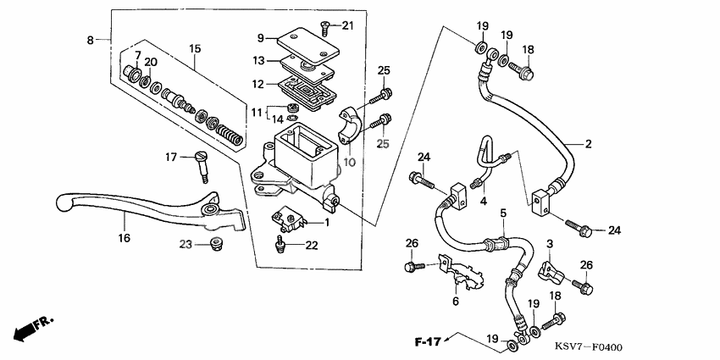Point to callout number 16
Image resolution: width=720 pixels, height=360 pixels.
[125, 238]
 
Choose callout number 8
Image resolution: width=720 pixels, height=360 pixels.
[91, 39]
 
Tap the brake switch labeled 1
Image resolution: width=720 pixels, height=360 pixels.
[288, 222]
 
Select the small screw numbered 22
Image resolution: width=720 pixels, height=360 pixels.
[281, 245]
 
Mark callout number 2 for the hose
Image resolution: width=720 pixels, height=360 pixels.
[587, 145]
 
